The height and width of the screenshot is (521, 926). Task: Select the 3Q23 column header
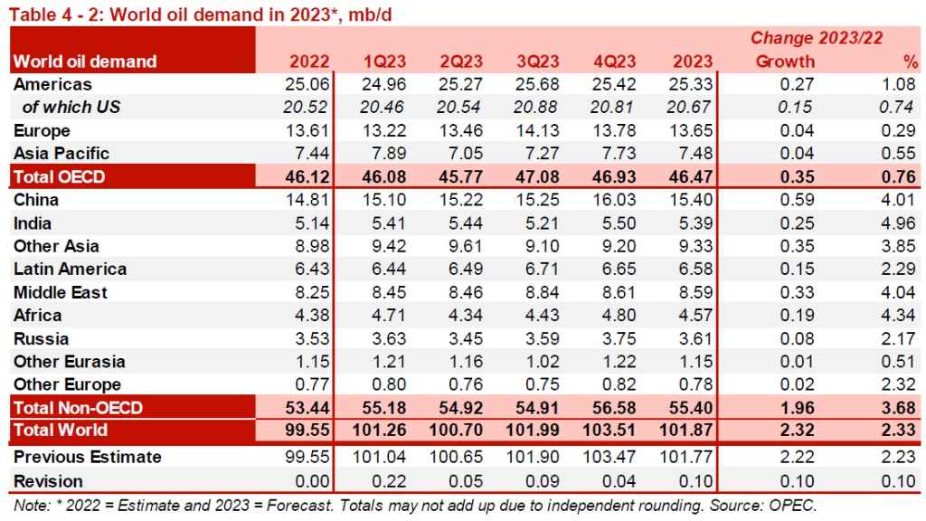538,62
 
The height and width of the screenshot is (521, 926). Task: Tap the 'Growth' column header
784,62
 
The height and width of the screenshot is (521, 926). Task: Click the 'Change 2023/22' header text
817,38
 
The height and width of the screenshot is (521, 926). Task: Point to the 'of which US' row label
71,108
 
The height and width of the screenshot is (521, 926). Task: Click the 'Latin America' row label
70,269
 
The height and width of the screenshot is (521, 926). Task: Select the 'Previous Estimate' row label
88,457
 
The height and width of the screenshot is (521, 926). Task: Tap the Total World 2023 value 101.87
689,430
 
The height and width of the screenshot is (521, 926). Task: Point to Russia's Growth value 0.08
794,338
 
